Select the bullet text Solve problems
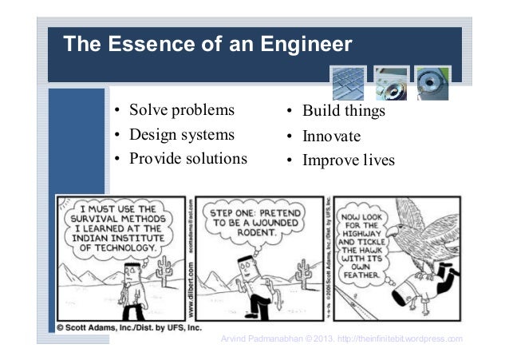coord(182,109)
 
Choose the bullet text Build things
coord(343,111)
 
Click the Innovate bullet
coord(331,136)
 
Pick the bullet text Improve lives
coord(348,160)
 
